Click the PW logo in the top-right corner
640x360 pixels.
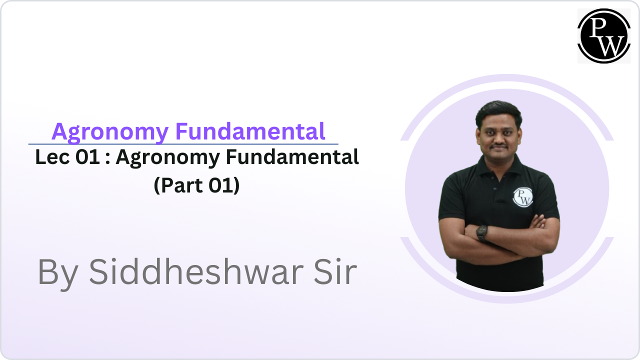pyautogui.click(x=603, y=35)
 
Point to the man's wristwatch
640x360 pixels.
pyautogui.click(x=482, y=232)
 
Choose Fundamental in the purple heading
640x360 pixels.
pyautogui.click(x=250, y=131)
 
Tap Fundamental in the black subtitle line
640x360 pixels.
pyautogui.click(x=292, y=157)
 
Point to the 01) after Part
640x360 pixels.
pyautogui.click(x=226, y=185)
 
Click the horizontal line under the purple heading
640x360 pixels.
pyautogui.click(x=183, y=144)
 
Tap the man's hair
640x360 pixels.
pyautogui.click(x=499, y=109)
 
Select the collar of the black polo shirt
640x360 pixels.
pyautogui.click(x=500, y=167)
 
